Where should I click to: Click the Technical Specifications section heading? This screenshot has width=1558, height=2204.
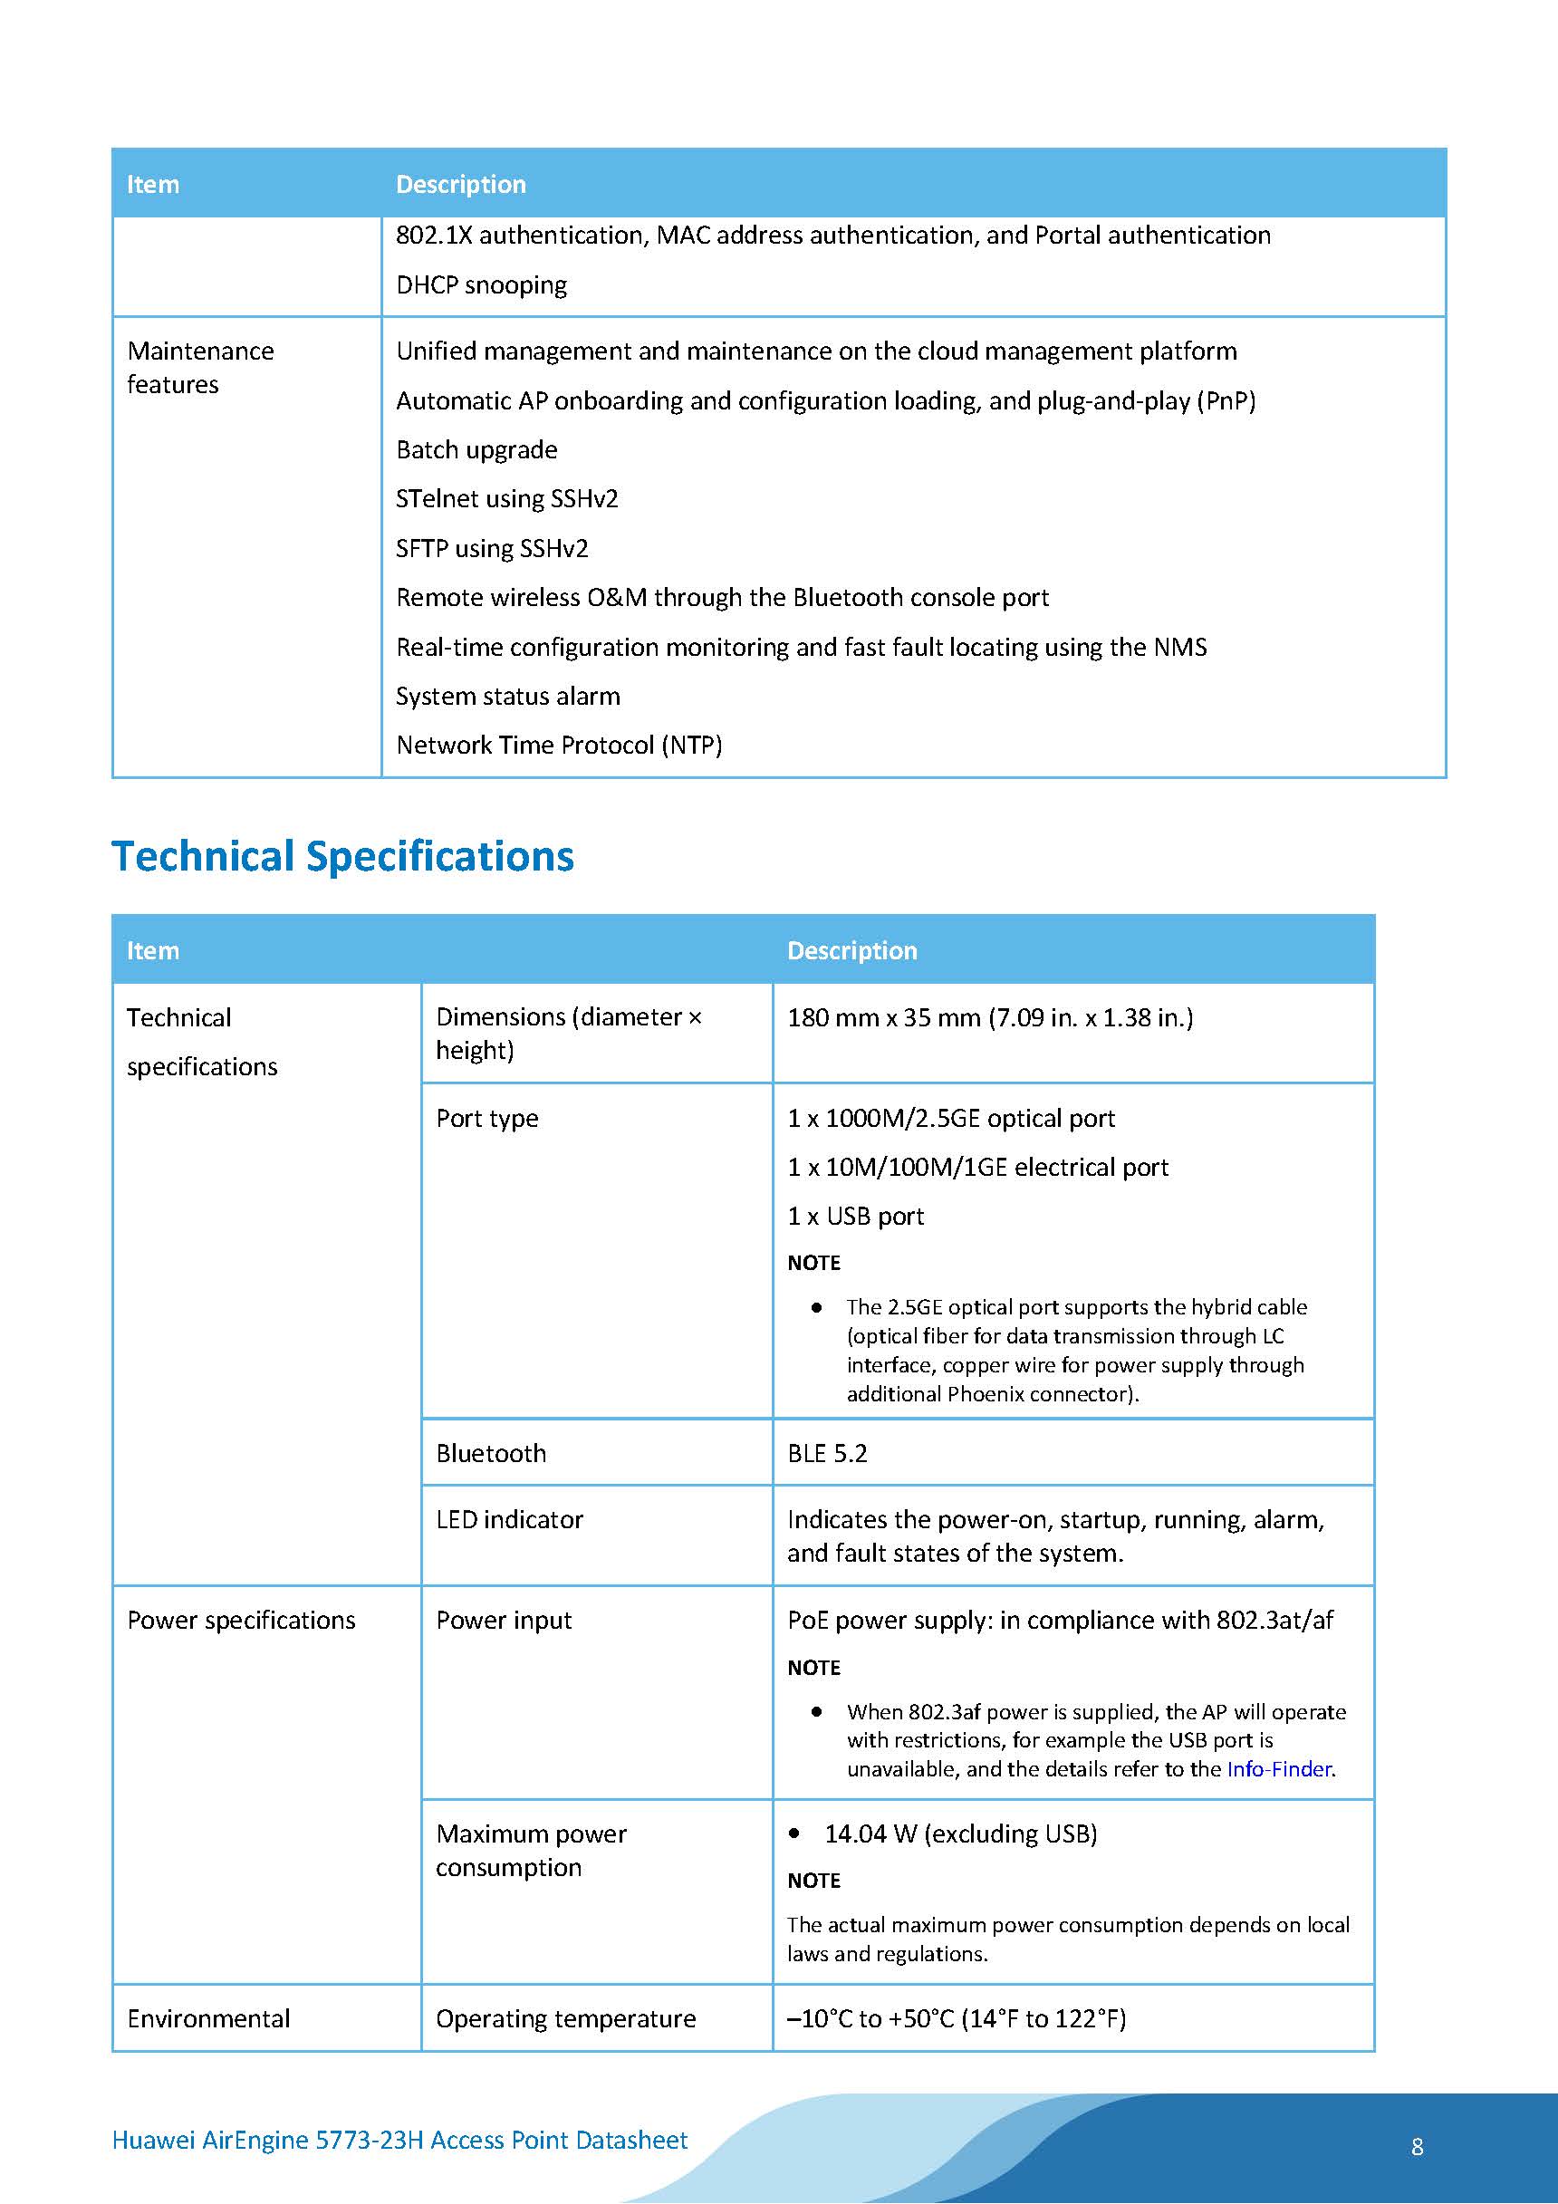point(342,856)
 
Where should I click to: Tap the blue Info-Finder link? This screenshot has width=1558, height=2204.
point(1279,1768)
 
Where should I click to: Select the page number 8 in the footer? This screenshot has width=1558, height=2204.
point(1417,2146)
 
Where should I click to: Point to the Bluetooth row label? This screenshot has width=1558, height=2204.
point(491,1453)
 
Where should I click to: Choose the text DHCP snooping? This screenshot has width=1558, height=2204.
point(481,285)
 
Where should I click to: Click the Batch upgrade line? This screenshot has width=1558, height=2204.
point(476,450)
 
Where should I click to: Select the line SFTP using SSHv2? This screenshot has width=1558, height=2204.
point(492,548)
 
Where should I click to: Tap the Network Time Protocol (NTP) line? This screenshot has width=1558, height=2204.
point(559,745)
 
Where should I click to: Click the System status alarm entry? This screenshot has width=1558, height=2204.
point(508,696)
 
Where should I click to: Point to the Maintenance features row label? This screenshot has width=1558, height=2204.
point(199,368)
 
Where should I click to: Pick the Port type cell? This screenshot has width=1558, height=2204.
point(486,1119)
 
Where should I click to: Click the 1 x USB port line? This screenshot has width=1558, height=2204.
point(855,1217)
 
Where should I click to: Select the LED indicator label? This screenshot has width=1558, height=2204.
point(509,1519)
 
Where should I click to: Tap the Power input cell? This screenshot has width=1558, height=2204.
point(503,1621)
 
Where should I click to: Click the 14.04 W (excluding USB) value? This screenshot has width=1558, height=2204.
point(960,1833)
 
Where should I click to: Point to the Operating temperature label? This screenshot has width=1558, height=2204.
point(565,2017)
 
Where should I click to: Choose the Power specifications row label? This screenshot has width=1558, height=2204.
point(241,1621)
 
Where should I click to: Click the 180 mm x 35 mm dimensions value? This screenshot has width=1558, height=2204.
point(990,1017)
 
